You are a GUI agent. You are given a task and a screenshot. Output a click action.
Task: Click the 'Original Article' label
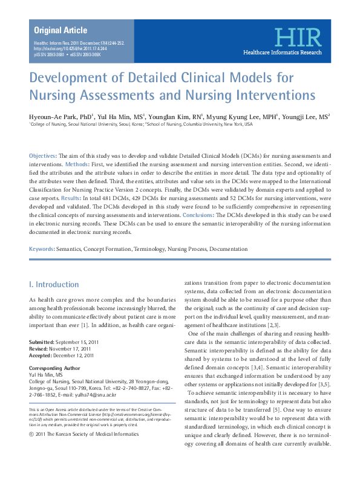click(61, 30)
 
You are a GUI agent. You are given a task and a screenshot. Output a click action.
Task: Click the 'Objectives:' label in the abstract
click(43, 156)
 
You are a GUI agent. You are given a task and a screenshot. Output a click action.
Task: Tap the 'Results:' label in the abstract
click(71, 198)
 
